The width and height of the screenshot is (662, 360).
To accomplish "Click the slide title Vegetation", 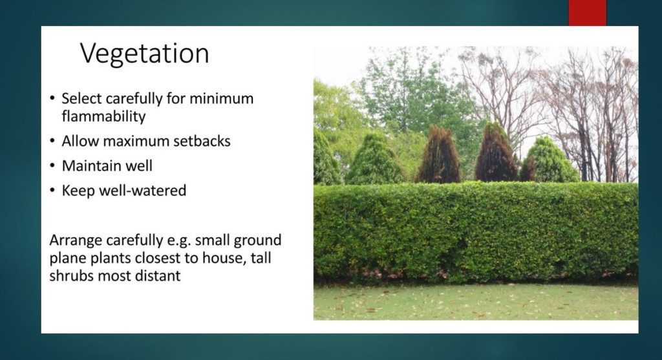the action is coord(144,54).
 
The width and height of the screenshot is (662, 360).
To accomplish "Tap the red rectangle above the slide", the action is coord(587,13).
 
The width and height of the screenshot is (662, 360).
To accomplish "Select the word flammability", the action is coord(103,116).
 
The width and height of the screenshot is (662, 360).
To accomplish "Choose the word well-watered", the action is coord(143,191).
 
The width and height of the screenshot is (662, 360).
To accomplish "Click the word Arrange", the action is coord(76,240).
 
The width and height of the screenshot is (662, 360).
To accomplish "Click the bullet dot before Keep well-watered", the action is coord(52,191).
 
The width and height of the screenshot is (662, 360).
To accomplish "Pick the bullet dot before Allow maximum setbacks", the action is coord(52,141).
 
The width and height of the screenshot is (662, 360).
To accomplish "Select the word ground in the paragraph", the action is coord(257,241).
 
